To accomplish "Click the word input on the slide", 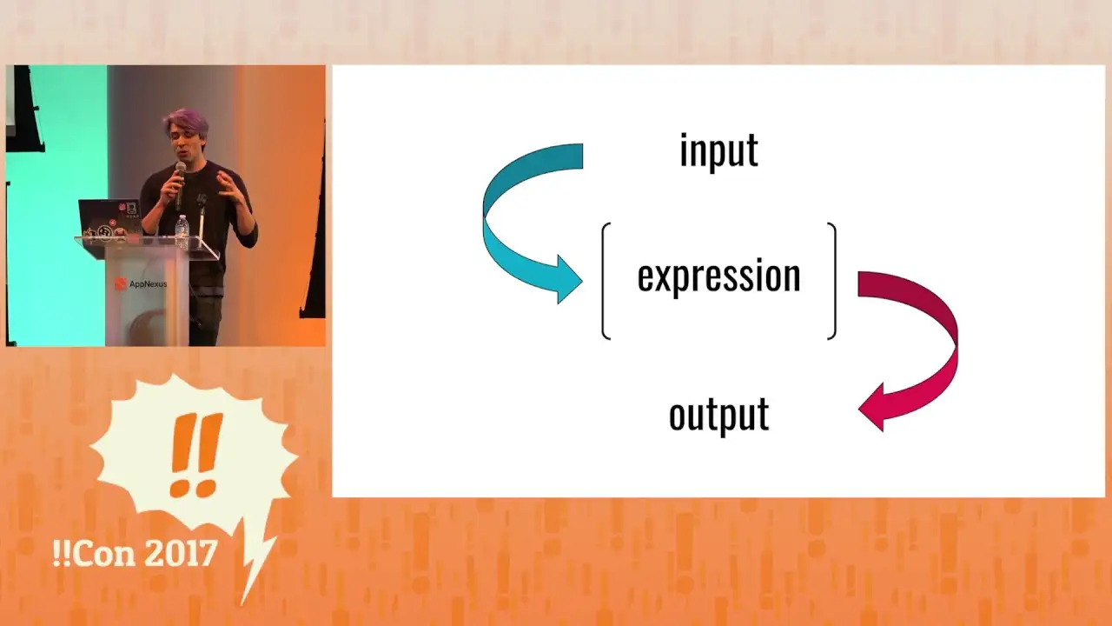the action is pyautogui.click(x=718, y=150).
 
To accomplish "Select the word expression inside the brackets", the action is pyautogui.click(x=718, y=276).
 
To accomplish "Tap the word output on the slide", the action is pyautogui.click(x=718, y=416).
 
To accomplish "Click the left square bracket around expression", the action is pyautogui.click(x=605, y=281).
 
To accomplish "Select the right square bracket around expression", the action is pyautogui.click(x=832, y=281).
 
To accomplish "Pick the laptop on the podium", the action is pyautogui.click(x=110, y=221).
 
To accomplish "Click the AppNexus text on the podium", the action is pyautogui.click(x=148, y=284).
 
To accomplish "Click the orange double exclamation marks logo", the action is pyautogui.click(x=195, y=455).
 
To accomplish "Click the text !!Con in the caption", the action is pyautogui.click(x=94, y=553).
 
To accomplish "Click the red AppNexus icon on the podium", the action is pyautogui.click(x=121, y=283).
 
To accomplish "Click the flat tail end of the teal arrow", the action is pyautogui.click(x=582, y=156).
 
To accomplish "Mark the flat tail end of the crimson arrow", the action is pyautogui.click(x=859, y=284).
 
